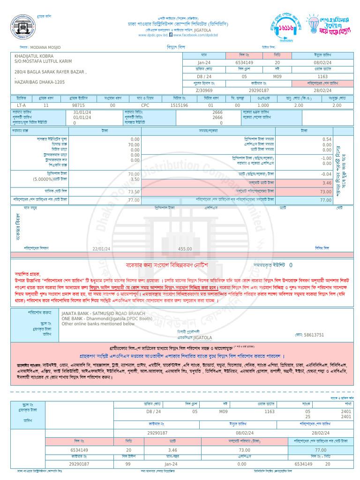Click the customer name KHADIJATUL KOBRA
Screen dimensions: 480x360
34,56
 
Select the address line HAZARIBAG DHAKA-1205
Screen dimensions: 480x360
39,82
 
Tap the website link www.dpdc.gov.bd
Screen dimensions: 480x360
153,35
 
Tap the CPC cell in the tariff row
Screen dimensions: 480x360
145,105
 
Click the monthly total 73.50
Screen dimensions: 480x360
134,192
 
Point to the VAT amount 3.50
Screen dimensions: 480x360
135,180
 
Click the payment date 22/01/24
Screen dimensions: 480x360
102,249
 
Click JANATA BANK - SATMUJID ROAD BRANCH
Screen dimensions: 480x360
103,313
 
